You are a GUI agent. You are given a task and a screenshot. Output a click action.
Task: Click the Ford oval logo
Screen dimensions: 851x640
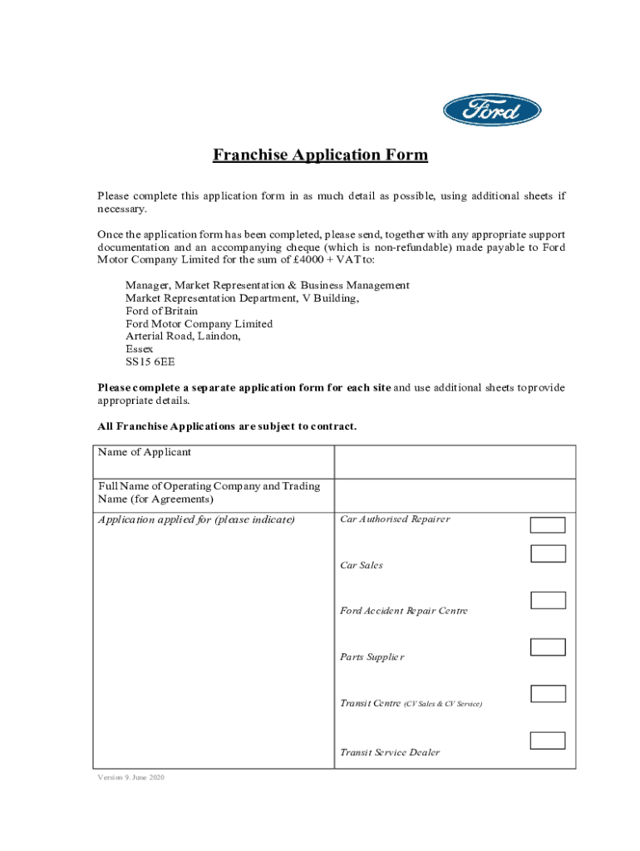click(x=492, y=111)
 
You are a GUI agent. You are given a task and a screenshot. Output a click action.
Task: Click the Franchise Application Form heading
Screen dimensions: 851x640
click(x=320, y=155)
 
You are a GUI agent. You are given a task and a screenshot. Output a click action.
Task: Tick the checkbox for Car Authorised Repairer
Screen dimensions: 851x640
click(x=548, y=524)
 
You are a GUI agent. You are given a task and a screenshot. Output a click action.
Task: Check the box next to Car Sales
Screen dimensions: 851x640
click(x=548, y=553)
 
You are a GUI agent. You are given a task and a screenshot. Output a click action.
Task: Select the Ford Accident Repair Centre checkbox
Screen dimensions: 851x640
click(x=548, y=600)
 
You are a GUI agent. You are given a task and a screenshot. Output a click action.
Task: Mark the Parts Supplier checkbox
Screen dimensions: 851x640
click(x=548, y=647)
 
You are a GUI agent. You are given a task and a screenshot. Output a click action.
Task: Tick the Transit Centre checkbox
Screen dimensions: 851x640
click(x=548, y=693)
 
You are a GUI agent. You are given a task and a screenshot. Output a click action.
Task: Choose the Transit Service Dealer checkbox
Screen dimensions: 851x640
click(x=548, y=740)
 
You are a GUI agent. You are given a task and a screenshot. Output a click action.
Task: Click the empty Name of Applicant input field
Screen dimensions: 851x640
click(x=455, y=461)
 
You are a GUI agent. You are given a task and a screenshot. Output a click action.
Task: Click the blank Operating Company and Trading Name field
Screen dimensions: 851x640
click(x=455, y=494)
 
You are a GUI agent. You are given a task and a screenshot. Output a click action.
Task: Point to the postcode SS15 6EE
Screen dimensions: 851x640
click(x=150, y=362)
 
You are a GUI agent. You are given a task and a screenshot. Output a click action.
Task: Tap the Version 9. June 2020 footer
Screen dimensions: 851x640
click(x=131, y=779)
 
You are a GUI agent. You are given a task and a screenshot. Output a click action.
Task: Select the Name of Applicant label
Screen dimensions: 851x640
click(x=145, y=452)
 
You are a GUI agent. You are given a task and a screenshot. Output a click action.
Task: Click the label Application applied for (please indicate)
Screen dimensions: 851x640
click(x=196, y=520)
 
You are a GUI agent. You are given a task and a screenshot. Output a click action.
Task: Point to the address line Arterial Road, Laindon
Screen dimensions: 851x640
click(x=183, y=337)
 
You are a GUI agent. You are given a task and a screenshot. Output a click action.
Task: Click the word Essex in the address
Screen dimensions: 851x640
click(x=139, y=349)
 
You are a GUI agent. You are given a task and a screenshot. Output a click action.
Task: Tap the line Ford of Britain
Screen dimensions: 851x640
click(x=161, y=311)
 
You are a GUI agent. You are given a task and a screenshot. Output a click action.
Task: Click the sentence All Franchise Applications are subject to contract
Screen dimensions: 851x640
click(x=227, y=426)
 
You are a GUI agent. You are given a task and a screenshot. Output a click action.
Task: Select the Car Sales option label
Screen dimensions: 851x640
click(x=362, y=565)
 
